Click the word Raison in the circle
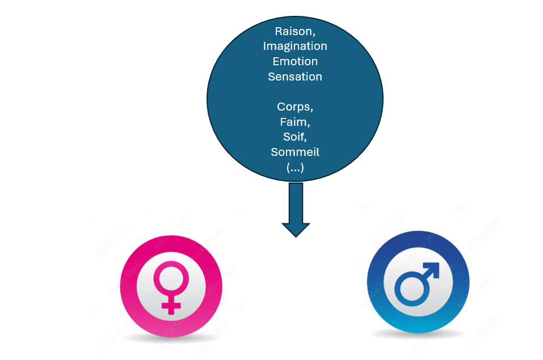pyautogui.click(x=293, y=31)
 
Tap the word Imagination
pyautogui.click(x=295, y=46)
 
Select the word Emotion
pyautogui.click(x=295, y=61)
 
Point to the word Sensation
pyautogui.click(x=295, y=77)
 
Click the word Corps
pyautogui.click(x=294, y=107)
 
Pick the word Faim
pyautogui.click(x=294, y=121)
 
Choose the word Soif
pyautogui.click(x=294, y=137)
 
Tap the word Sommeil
pyautogui.click(x=295, y=152)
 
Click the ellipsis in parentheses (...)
pyautogui.click(x=295, y=167)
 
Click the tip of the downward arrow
pyautogui.click(x=296, y=235)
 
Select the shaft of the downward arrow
pyautogui.click(x=296, y=201)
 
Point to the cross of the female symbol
pyautogui.click(x=171, y=306)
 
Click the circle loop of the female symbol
pyautogui.click(x=171, y=276)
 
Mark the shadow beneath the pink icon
pyautogui.click(x=170, y=338)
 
